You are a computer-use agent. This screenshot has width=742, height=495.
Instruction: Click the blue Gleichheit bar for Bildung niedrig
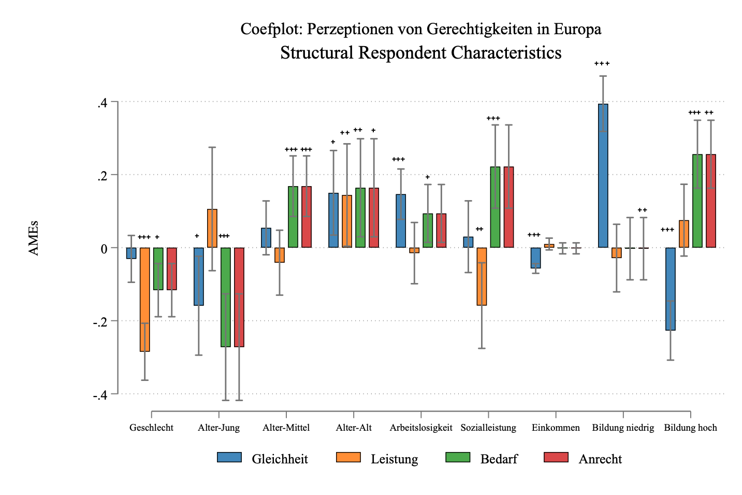point(603,176)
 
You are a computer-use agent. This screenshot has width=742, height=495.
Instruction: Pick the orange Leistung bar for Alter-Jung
point(212,229)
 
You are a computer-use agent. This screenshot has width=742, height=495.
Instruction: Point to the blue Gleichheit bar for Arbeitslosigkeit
point(401,221)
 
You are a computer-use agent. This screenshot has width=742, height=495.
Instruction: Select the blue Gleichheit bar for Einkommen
point(535,258)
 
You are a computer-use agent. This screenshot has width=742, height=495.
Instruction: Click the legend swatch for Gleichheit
point(229,458)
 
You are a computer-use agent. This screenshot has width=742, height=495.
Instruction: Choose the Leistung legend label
point(394,459)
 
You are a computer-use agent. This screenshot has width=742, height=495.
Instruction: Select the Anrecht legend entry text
point(600,459)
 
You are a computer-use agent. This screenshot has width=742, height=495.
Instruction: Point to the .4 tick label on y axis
point(102,103)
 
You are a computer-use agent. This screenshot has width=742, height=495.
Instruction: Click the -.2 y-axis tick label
point(100,322)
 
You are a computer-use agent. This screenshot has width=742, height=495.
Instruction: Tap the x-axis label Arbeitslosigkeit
point(421,428)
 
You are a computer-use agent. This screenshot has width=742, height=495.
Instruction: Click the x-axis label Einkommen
point(556,428)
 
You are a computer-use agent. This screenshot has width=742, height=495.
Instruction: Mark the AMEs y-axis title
point(34,238)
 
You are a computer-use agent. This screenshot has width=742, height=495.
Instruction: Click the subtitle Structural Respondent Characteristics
point(420,53)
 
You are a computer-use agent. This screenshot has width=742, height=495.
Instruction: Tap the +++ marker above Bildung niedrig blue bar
point(602,64)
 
